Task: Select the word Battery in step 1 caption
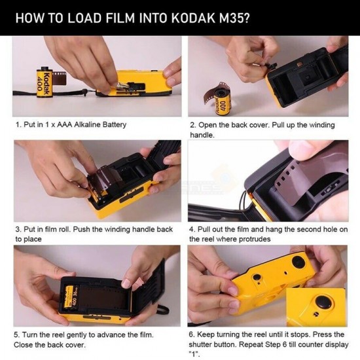click(113, 124)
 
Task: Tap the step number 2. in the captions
click(194, 124)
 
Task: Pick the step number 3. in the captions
click(18, 230)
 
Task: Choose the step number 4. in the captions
click(193, 230)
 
